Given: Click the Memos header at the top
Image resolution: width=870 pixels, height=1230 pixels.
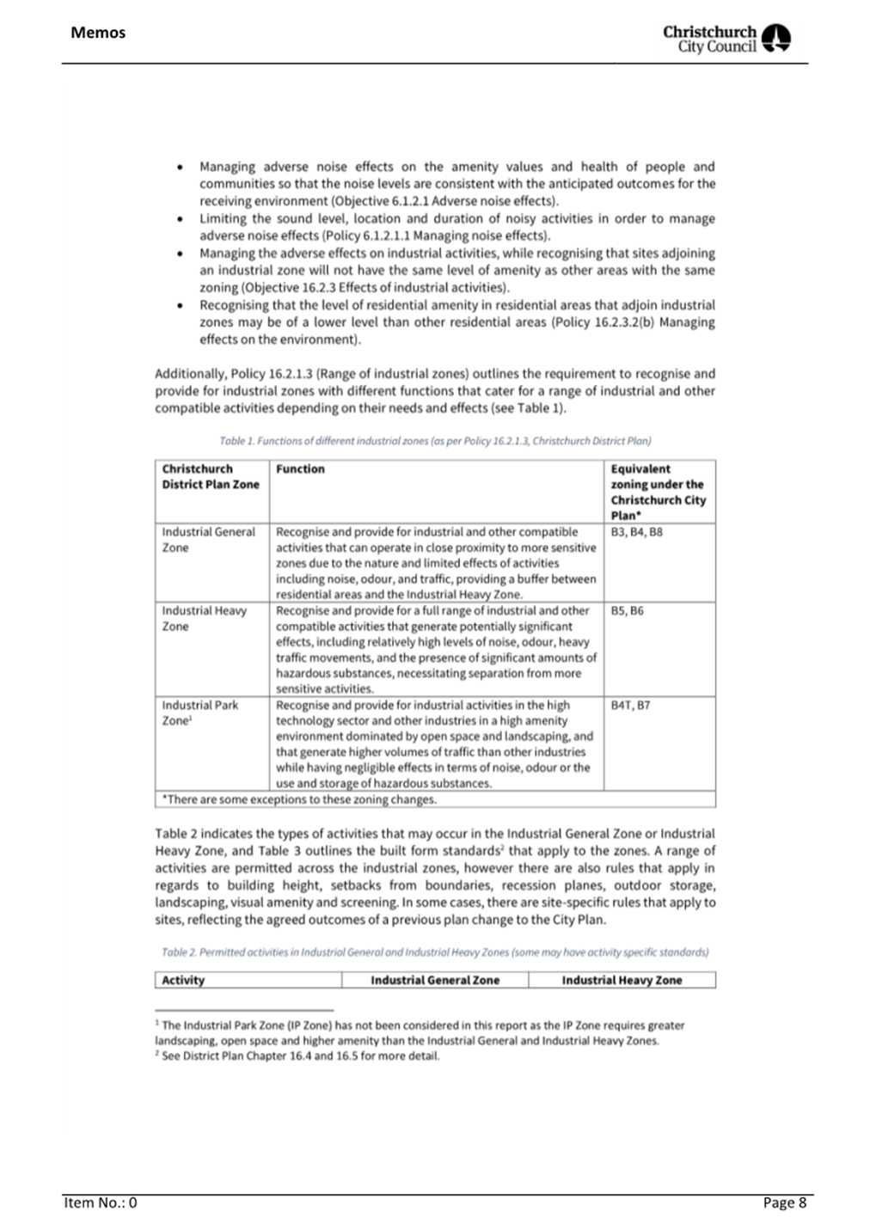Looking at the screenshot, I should coord(98,33).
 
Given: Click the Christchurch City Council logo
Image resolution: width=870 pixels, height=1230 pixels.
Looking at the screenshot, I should coord(726,39).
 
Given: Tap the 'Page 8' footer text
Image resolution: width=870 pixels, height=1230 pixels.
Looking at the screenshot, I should coord(784,1202).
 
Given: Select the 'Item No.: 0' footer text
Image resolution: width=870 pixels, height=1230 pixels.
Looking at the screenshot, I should coord(101,1202).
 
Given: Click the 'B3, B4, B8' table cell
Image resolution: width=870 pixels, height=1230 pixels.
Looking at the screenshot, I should coord(636,532).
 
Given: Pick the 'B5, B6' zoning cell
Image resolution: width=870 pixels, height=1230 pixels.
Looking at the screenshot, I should coord(627,611).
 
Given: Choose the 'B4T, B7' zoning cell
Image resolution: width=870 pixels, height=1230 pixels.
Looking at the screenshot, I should coord(630,705).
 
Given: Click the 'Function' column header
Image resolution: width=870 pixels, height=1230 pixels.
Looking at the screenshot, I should coord(300,469).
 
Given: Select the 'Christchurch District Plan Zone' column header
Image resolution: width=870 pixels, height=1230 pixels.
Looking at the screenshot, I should coord(210,477).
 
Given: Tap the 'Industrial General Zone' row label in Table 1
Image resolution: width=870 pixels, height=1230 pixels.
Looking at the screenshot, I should coord(208,540).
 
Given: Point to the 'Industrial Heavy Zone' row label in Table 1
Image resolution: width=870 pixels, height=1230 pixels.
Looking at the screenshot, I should coord(204,619).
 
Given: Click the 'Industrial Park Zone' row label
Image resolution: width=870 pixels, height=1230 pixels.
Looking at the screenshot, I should coord(199,713).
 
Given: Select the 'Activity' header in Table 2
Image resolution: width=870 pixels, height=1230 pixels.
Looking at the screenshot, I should coord(183,980).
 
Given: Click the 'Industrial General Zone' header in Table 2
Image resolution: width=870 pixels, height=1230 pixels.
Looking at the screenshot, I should coord(435,980).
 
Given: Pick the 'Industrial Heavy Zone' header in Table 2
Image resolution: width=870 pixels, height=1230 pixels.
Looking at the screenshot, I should coord(622,980).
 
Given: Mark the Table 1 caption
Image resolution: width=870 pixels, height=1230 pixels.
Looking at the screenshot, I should coord(435,441).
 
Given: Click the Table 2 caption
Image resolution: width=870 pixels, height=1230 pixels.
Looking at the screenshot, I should coord(435,952).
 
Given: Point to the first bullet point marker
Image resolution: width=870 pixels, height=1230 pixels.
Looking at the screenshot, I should coord(179,168).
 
